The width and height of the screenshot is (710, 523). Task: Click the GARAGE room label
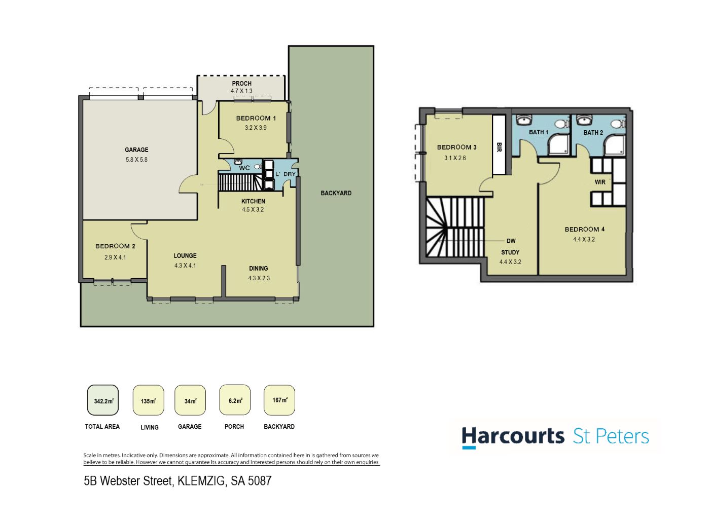[x=136, y=150]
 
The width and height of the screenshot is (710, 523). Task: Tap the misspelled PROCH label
[x=241, y=83]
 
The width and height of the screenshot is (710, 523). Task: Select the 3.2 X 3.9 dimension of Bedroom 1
[x=256, y=128]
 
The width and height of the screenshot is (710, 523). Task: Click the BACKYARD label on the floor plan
[x=336, y=193]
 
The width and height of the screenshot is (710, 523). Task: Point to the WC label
[x=244, y=168]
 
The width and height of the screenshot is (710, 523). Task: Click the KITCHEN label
[x=253, y=201]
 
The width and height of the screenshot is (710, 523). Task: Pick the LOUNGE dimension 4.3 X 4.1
[x=185, y=266]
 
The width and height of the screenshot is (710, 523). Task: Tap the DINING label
[x=258, y=268]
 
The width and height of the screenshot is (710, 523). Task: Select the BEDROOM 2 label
[x=115, y=246]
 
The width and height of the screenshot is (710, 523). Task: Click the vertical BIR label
[x=499, y=147]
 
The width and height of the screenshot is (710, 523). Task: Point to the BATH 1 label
[x=539, y=132]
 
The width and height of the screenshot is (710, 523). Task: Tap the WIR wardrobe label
[x=600, y=182]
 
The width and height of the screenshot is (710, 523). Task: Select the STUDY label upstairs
[x=510, y=252]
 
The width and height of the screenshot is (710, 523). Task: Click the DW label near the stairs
[x=511, y=241]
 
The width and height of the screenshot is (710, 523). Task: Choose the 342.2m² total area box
[x=102, y=400]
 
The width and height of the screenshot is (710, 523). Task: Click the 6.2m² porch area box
[x=235, y=400]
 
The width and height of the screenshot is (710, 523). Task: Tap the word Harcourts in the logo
[x=513, y=436]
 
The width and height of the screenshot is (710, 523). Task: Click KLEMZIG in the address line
[x=201, y=481]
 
